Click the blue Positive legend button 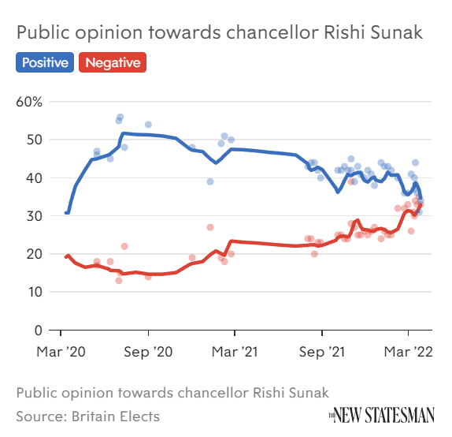(44, 62)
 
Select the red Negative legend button (113, 62)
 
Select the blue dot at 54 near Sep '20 (148, 125)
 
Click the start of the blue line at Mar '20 (66, 212)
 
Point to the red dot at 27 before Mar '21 (210, 227)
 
